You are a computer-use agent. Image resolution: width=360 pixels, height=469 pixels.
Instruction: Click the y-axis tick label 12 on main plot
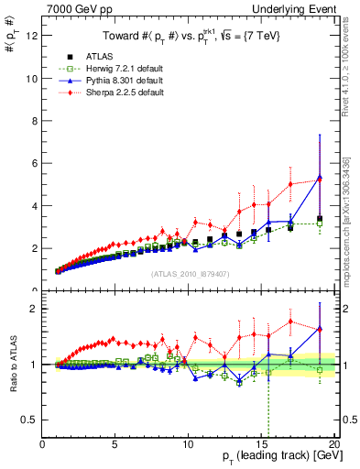32,36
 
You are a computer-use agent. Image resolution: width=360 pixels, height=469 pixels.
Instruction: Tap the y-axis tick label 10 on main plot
32,79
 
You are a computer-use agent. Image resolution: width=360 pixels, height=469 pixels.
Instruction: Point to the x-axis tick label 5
115,444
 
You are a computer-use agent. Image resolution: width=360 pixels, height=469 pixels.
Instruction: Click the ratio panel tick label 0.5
29,420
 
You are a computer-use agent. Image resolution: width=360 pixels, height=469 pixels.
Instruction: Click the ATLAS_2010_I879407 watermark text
188,273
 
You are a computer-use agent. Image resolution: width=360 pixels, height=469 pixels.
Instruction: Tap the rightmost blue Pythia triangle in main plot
320,177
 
